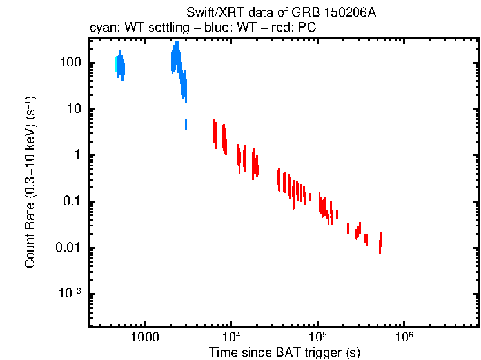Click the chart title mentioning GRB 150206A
280,14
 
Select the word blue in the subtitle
212,29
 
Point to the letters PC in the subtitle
307,29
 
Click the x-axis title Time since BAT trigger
284,352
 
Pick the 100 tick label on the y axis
68,63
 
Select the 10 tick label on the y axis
73,109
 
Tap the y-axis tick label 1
76,155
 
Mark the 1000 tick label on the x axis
144,337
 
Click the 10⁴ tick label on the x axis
230,337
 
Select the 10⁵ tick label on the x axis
317,337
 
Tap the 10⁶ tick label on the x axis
404,337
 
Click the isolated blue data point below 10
186,124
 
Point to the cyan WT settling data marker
117,64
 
